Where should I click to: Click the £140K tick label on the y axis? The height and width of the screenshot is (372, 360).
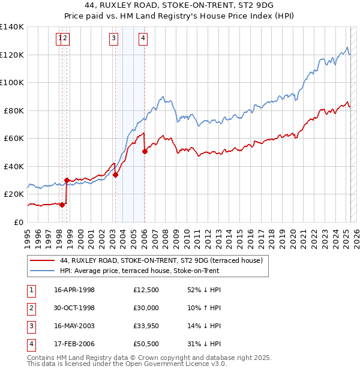[x=12, y=27]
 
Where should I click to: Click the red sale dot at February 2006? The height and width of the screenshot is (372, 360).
[x=145, y=152]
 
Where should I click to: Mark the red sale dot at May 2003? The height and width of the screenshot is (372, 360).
[x=115, y=175]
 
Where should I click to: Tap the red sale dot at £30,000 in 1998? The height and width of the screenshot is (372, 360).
[x=67, y=180]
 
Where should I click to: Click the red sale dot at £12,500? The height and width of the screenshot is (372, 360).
[x=61, y=205]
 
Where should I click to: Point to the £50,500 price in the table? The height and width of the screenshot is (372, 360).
[x=146, y=344]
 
